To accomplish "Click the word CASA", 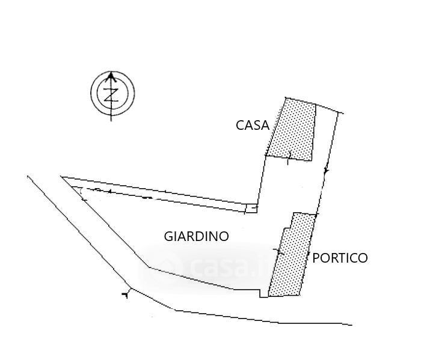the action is (253, 126).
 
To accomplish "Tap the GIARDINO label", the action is (196, 236).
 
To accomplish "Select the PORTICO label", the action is (340, 258).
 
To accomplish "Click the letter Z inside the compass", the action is (111, 95).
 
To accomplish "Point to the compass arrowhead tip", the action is (111, 72).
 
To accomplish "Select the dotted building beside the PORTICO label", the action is (293, 254).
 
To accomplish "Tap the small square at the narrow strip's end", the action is (251, 208).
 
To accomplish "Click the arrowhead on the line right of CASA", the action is (326, 171).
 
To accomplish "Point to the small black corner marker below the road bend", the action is (125, 294).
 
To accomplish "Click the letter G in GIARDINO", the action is (168, 236).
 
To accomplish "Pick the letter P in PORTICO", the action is (316, 258).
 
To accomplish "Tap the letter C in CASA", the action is (240, 126).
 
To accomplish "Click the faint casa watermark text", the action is (221, 267).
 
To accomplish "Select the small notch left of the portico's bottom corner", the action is (263, 293).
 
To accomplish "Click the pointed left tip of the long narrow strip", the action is (61, 177).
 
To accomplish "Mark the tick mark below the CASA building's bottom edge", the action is (289, 160).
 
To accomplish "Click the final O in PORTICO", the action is (363, 258).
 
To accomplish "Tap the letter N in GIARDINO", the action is (213, 236).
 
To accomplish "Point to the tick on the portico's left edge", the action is (278, 251).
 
